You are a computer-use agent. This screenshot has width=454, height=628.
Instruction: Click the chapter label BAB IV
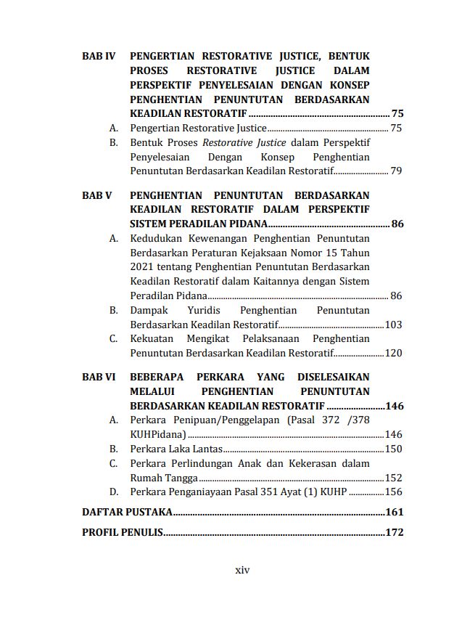point(99,56)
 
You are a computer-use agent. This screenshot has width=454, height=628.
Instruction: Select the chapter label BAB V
point(96,195)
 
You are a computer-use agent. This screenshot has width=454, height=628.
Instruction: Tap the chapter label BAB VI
point(99,377)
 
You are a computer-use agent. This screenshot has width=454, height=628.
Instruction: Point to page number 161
point(394,512)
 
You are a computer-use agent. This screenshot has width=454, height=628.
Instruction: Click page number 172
point(394,532)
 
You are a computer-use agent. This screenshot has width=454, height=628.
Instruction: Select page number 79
point(396,171)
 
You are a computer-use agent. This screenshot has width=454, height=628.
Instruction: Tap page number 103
point(393,325)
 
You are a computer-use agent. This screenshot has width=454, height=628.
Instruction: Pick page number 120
point(393,354)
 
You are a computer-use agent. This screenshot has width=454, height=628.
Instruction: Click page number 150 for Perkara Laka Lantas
point(393,449)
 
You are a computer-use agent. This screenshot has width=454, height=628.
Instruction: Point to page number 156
point(393,492)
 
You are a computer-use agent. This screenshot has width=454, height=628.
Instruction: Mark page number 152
point(393,478)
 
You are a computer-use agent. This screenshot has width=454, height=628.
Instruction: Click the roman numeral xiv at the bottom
point(243,570)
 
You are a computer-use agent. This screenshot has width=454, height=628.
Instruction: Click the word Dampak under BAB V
point(148,310)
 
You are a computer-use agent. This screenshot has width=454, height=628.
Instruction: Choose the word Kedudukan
point(157,238)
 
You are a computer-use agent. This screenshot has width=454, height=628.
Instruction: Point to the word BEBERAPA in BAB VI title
point(161,377)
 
